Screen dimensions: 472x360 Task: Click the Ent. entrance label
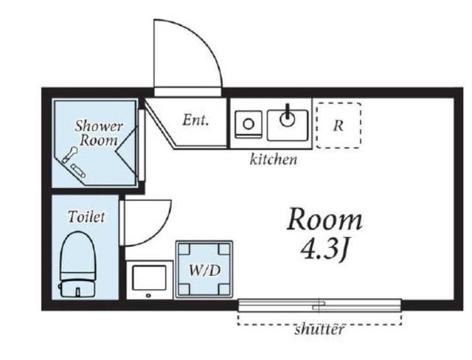(x=195, y=120)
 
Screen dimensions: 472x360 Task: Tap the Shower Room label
(x=98, y=133)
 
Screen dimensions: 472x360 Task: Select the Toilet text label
(x=86, y=216)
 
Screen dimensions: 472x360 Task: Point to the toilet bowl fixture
(x=78, y=255)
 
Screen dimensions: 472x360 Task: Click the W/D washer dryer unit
(x=205, y=269)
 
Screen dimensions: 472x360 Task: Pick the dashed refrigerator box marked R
(x=339, y=125)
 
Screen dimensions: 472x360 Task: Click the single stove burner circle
(x=249, y=124)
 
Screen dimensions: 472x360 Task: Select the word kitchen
(x=274, y=159)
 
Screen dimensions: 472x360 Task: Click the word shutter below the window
(x=319, y=329)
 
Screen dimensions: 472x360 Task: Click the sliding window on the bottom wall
(x=319, y=305)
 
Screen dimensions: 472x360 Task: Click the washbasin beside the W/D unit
(x=150, y=280)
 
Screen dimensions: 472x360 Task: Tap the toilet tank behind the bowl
(x=78, y=288)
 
